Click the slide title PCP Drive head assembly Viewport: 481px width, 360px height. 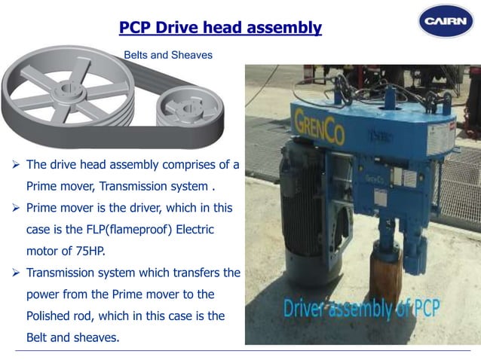tap(220, 29)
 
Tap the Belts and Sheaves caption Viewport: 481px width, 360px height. tap(167, 55)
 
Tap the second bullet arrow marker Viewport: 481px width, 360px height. tap(16, 208)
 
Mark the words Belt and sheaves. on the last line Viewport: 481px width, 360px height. tap(72, 337)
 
